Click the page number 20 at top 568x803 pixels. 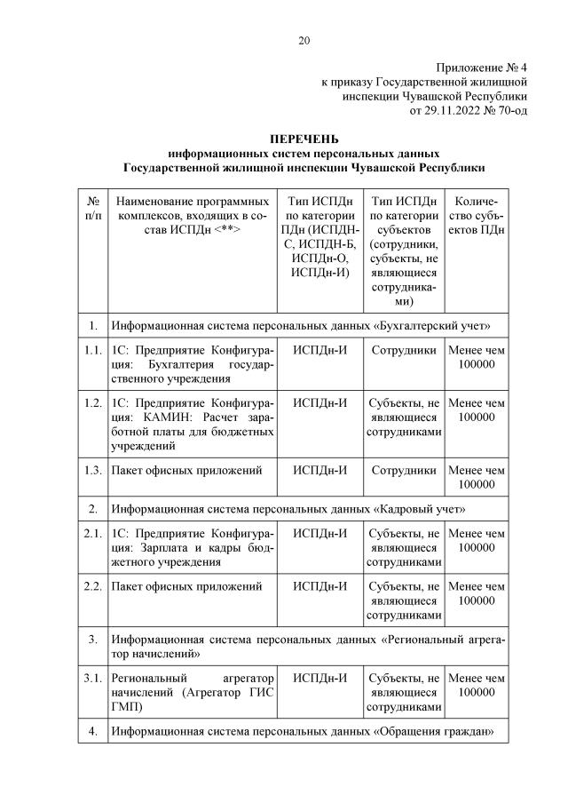click(304, 40)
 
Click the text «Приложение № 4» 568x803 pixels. click(483, 68)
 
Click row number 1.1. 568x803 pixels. click(92, 351)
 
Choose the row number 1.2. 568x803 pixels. click(92, 403)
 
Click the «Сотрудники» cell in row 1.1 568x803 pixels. click(404, 351)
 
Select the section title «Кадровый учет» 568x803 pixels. click(422, 509)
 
